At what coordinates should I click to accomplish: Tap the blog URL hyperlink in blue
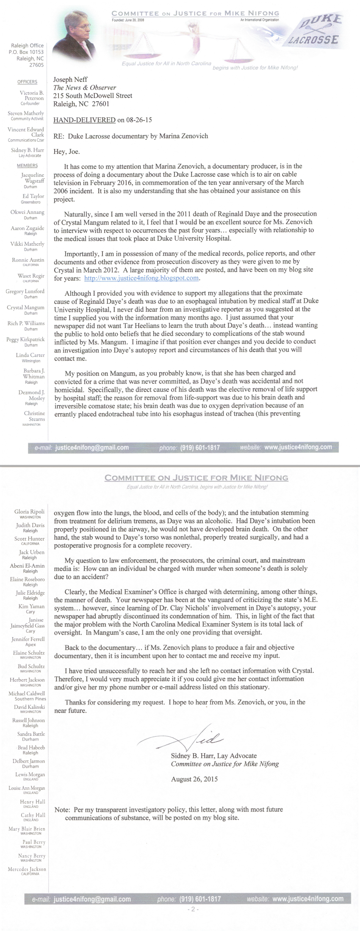[x=141, y=278]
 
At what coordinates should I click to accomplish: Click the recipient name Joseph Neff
[x=69, y=79]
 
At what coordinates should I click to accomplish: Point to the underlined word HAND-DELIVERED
[x=84, y=120]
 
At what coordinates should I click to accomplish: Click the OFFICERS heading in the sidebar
[x=28, y=82]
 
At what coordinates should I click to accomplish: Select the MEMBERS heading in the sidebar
[x=28, y=166]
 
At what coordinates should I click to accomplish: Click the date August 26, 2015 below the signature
[x=194, y=779]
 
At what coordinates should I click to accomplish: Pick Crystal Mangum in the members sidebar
[x=25, y=308]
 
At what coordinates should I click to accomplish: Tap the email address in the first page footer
[x=92, y=447]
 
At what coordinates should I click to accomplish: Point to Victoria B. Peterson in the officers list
[x=31, y=95]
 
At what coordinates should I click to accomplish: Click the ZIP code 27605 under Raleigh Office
[x=36, y=65]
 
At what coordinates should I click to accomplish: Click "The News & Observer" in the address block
[x=85, y=88]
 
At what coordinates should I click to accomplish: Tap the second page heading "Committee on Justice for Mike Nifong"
[x=197, y=478]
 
